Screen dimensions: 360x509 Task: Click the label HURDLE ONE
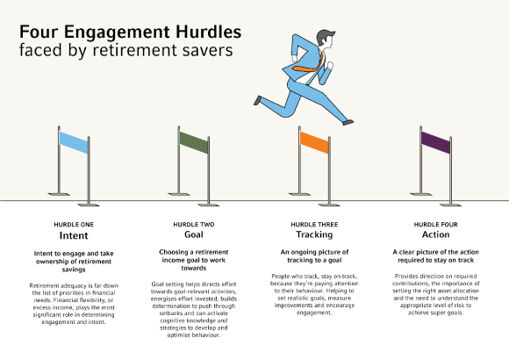click(75, 225)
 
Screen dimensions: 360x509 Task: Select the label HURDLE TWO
click(194, 225)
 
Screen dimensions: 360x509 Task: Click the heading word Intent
click(75, 236)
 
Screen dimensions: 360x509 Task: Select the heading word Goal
click(194, 236)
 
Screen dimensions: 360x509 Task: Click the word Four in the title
click(39, 32)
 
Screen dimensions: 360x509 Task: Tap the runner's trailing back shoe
click(257, 100)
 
